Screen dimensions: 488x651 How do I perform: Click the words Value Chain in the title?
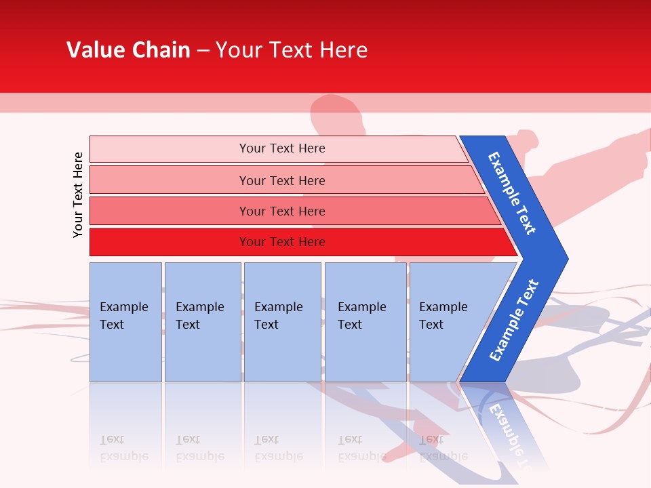pos(128,50)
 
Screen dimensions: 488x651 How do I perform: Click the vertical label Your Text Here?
pos(78,195)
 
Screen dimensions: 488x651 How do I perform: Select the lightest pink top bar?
pos(170,149)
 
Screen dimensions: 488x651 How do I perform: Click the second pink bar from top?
pos(170,180)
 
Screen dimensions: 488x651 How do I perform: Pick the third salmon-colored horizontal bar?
pos(170,211)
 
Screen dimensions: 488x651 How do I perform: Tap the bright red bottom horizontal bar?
pos(170,242)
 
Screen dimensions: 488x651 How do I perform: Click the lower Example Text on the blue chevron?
pos(514,320)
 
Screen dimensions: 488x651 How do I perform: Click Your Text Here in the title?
pos(292,50)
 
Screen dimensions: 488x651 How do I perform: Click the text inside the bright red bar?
pos(282,242)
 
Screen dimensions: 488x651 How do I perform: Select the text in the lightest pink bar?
pos(282,148)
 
